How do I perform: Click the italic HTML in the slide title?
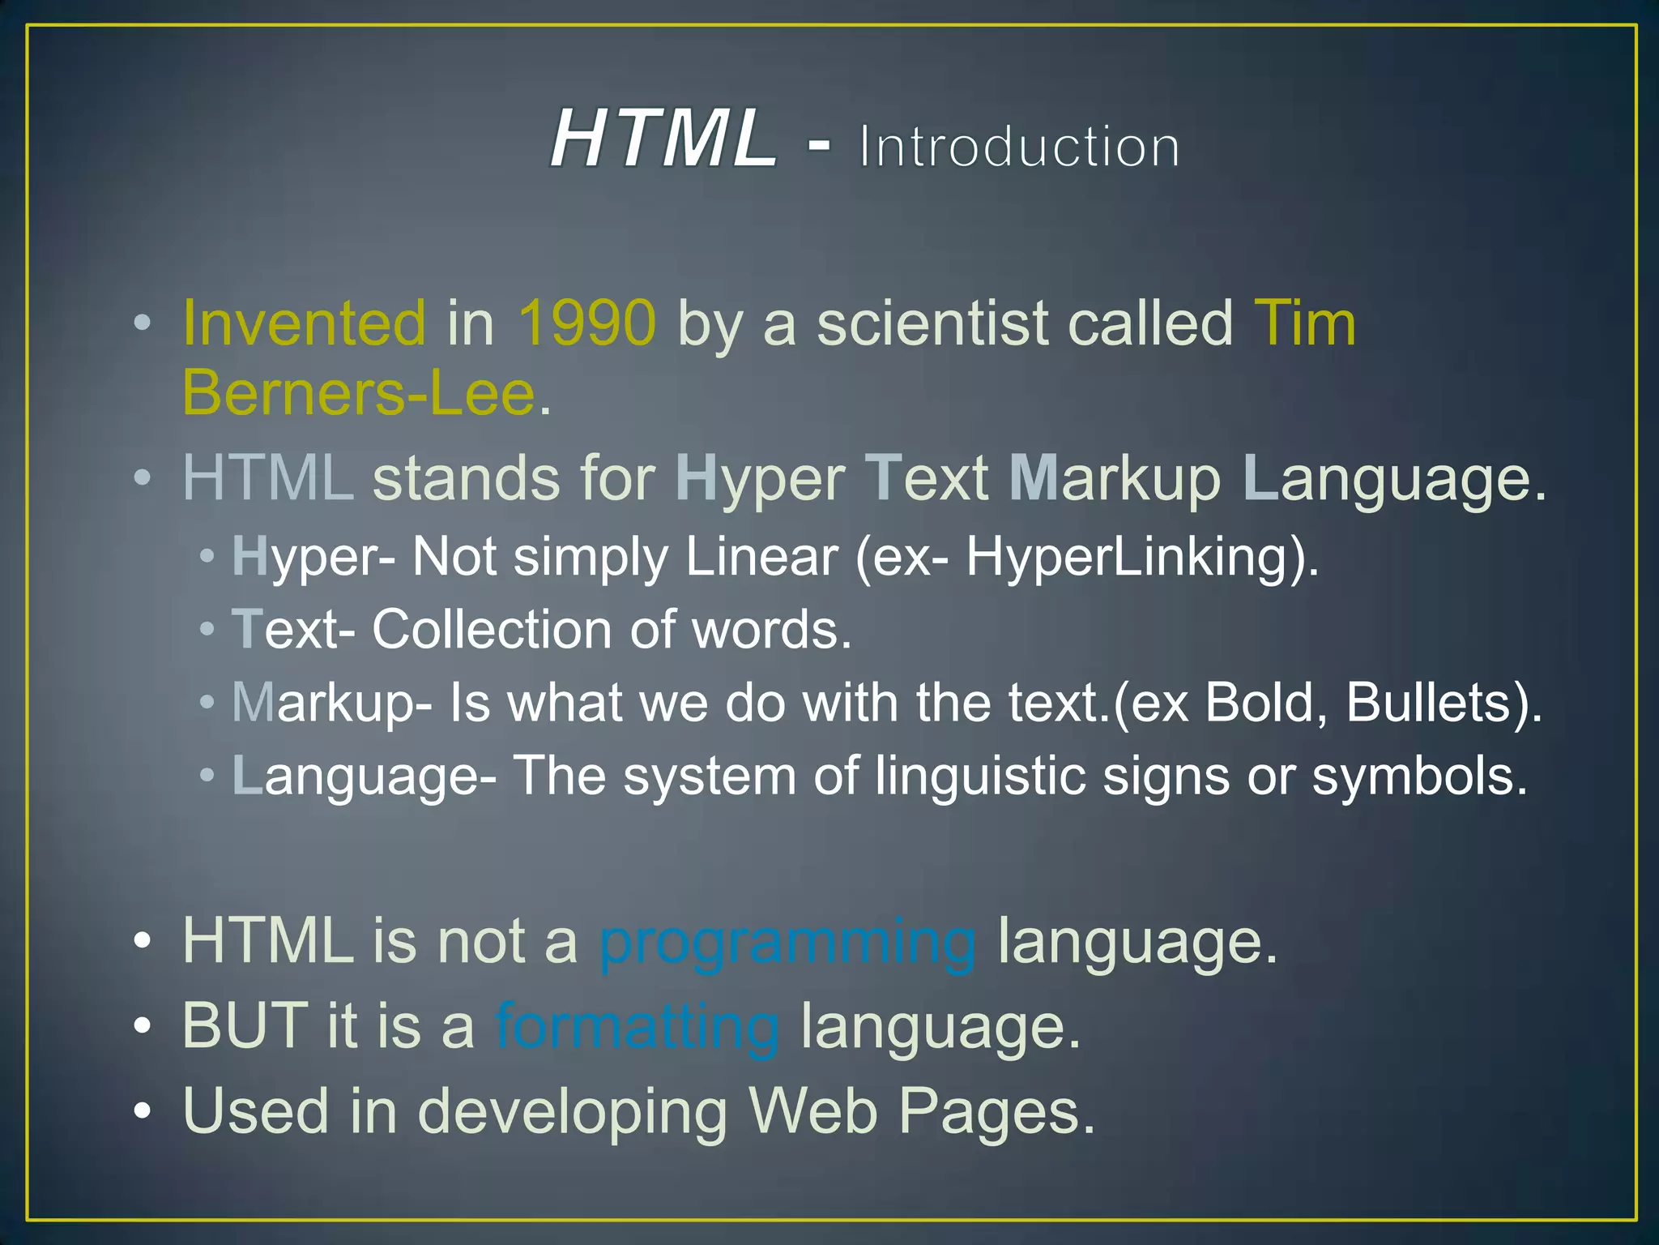663,139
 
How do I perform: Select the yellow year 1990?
586,323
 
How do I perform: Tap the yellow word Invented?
304,323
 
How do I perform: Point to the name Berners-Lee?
359,393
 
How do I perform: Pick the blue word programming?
787,942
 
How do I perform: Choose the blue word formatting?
637,1026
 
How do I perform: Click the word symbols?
1418,776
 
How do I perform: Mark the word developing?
572,1112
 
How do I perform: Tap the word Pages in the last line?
996,1110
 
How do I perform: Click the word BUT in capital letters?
245,1026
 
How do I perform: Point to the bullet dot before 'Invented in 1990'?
143,323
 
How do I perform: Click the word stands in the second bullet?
466,478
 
